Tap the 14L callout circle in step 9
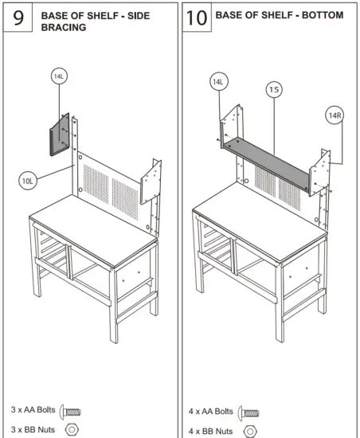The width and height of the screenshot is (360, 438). coord(59,76)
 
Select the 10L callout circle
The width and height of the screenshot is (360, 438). coord(28,181)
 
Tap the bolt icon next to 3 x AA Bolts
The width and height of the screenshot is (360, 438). coord(71,412)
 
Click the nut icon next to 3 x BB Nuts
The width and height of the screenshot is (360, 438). coord(70,430)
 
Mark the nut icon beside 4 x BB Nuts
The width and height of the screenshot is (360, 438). coord(249,431)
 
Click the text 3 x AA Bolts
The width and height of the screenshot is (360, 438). coord(29,412)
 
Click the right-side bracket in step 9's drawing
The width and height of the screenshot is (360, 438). coord(151,182)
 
